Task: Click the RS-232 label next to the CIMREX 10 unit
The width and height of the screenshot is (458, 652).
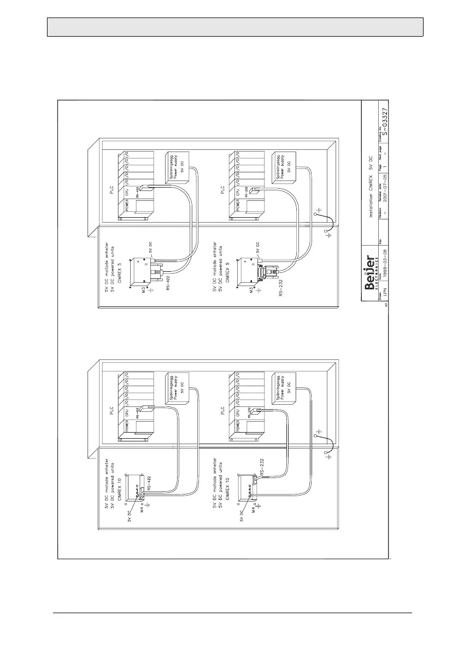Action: [x=264, y=468]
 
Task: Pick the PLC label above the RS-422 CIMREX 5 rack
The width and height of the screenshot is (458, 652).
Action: [x=114, y=193]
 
